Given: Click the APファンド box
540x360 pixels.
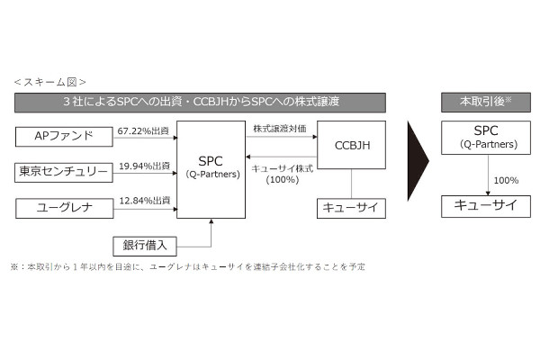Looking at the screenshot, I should tap(63, 137).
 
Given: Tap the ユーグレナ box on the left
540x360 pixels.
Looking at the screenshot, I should tap(63, 208).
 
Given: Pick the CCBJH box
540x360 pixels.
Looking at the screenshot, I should tap(351, 146).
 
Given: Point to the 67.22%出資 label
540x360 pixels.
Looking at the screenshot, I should tap(144, 130).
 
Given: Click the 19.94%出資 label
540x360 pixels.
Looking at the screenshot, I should tap(144, 166).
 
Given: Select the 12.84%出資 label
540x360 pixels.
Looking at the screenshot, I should tap(144, 202).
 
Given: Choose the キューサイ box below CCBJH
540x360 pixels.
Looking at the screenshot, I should tap(351, 208).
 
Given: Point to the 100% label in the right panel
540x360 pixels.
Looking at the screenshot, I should tap(505, 179).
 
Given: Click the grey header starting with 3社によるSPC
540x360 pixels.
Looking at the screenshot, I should tap(200, 102).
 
